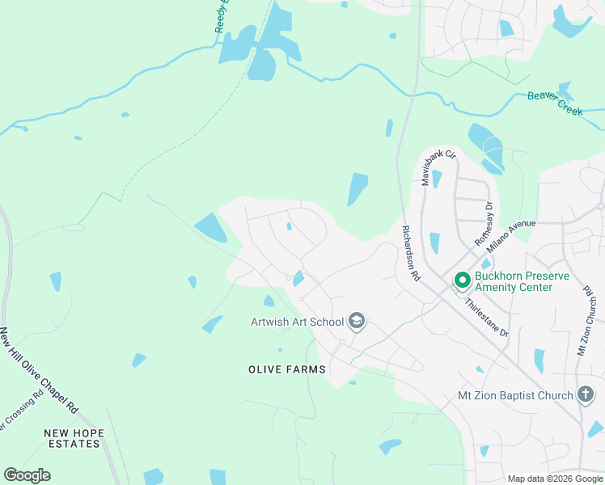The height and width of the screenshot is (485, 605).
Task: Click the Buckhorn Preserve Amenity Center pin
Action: point(463,280)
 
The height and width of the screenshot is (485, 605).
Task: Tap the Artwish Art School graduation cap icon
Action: point(356,323)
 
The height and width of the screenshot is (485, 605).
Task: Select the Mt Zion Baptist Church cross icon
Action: point(586,395)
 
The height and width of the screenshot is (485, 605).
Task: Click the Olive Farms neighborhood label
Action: point(287,369)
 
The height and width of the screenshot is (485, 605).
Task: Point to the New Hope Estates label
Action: point(74,439)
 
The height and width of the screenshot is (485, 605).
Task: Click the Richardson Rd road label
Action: point(411,252)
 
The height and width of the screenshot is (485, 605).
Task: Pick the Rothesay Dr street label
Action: point(484,225)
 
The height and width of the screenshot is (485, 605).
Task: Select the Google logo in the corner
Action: point(27,475)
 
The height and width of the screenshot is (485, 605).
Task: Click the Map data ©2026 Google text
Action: point(555,479)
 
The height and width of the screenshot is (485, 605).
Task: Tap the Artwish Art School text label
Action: point(297,323)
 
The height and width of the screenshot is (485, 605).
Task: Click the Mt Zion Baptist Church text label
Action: point(515,395)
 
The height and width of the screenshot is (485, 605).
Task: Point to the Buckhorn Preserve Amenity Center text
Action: point(522,281)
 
